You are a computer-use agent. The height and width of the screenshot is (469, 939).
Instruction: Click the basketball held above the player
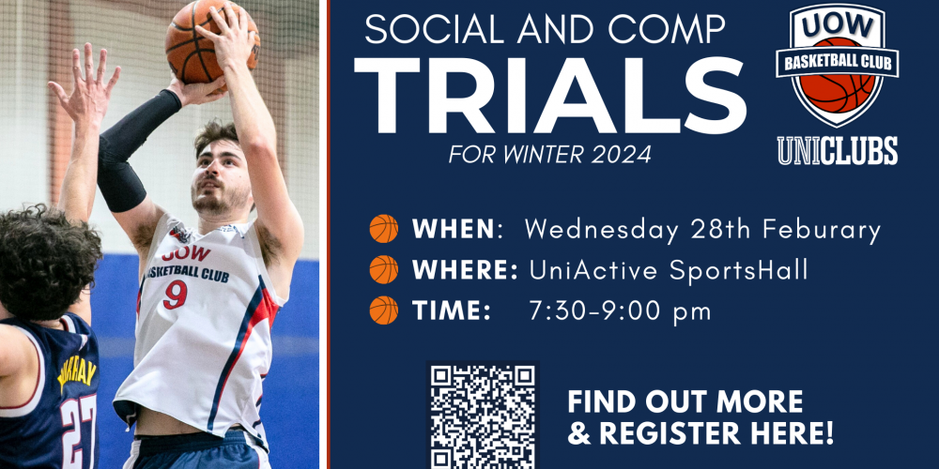click(212, 41)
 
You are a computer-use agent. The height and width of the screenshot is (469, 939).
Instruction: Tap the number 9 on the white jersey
click(176, 295)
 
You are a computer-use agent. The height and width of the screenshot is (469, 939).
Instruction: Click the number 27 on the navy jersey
click(79, 431)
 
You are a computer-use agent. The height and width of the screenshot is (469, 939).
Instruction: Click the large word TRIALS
click(549, 95)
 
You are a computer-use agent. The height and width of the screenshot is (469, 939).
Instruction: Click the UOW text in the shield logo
click(838, 27)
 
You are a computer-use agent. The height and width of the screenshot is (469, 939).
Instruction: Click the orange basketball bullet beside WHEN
click(384, 229)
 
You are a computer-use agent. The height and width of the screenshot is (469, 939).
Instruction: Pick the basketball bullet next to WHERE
click(384, 269)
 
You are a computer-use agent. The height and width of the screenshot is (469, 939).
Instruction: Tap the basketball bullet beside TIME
click(384, 310)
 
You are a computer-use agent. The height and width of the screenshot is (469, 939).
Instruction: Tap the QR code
click(483, 416)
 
